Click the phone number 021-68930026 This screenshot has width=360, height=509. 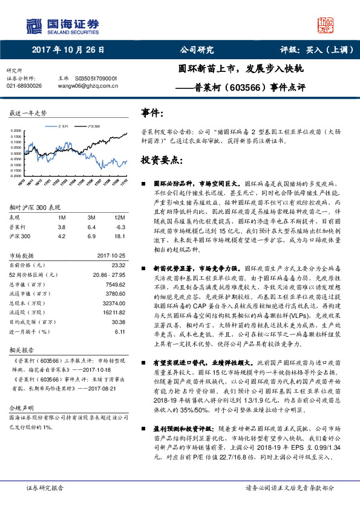(x=24, y=86)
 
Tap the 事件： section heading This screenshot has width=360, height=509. (x=152, y=113)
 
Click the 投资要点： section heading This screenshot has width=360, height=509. (x=161, y=160)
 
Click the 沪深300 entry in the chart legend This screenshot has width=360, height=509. (x=92, y=125)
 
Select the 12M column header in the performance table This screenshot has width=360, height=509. (x=119, y=216)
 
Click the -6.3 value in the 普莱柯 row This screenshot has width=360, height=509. (x=119, y=226)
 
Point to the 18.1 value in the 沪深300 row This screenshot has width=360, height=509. (x=119, y=236)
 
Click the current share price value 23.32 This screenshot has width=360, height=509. (x=119, y=265)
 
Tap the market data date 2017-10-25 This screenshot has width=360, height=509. (x=111, y=255)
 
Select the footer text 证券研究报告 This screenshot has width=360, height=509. (x=44, y=487)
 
